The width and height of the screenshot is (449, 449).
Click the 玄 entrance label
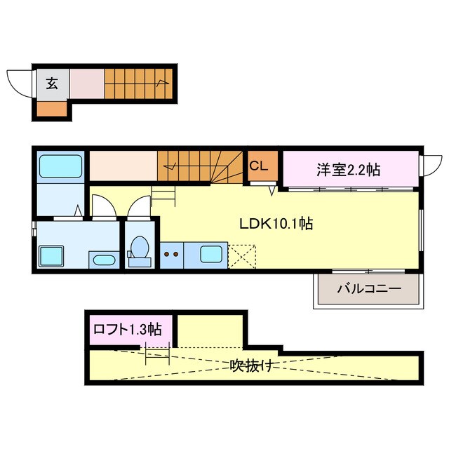coord(52,84)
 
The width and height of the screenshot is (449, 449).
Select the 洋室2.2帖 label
coord(348,169)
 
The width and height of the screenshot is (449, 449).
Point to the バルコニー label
coord(368,288)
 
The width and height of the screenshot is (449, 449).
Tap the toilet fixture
coord(140,251)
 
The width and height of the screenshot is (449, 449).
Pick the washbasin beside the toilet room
coord(103,260)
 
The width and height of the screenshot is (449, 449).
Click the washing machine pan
coord(51,254)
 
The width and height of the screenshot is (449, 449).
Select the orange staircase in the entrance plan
coord(140,83)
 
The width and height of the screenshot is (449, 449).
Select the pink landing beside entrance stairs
coord(87,83)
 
